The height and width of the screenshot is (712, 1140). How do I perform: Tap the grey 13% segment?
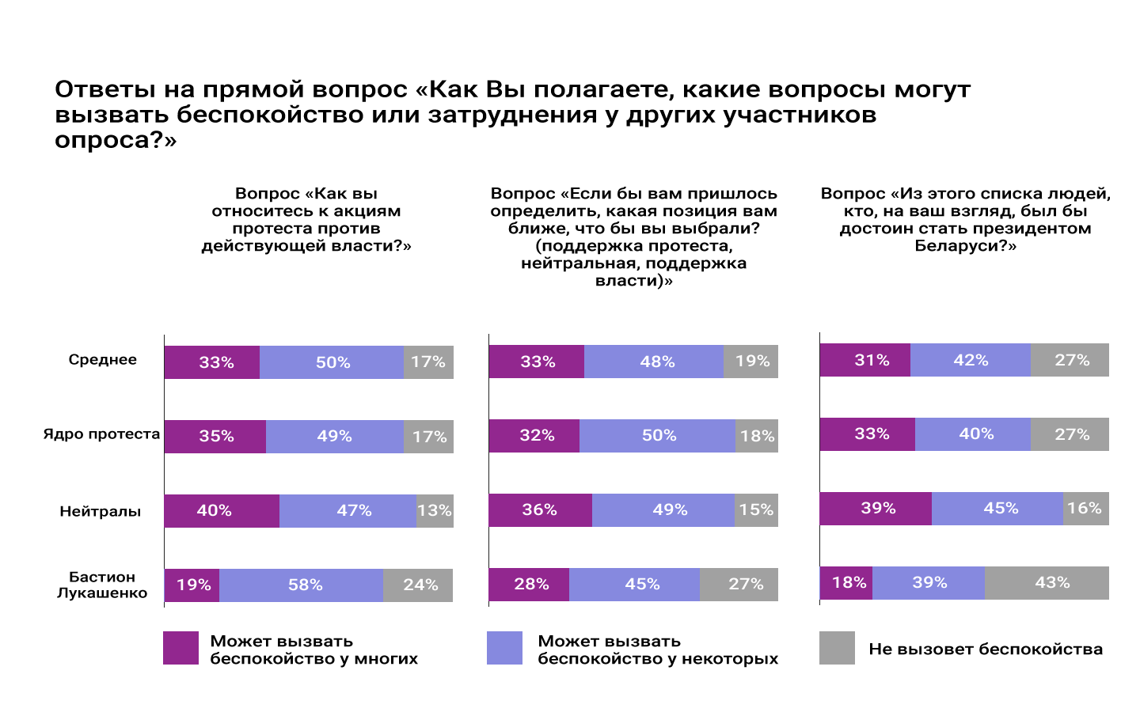(435, 511)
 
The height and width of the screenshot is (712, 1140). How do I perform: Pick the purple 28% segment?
(529, 585)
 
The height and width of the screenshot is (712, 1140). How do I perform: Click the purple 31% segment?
(864, 360)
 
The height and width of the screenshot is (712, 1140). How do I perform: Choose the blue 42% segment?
(971, 360)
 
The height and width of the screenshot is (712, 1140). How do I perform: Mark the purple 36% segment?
(540, 510)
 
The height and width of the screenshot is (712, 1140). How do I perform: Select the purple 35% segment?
(215, 437)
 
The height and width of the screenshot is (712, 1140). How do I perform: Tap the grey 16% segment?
(1085, 509)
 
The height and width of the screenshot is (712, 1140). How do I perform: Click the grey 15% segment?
(756, 510)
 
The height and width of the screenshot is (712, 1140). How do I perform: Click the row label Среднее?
(102, 360)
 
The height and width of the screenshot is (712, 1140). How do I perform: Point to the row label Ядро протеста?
(101, 434)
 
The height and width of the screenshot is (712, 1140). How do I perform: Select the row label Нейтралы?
(101, 512)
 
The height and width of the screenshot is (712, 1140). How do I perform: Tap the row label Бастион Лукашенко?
(102, 585)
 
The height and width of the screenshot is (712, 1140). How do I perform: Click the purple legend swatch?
(180, 648)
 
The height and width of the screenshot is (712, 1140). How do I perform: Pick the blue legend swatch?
(504, 648)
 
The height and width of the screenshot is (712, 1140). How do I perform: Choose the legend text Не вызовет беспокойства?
(986, 650)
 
